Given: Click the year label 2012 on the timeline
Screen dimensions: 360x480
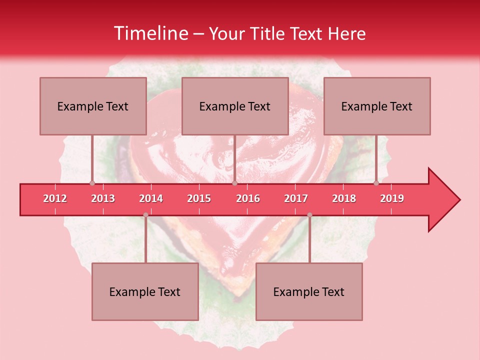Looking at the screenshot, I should click(x=55, y=198).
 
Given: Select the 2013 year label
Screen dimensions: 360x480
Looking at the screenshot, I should click(x=103, y=198).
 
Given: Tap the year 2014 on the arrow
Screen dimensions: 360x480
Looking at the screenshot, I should click(x=151, y=198).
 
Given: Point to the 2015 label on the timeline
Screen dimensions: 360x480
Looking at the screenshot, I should click(x=199, y=198).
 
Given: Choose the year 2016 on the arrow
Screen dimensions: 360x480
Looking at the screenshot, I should click(x=248, y=198).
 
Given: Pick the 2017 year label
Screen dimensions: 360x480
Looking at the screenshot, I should click(x=296, y=198).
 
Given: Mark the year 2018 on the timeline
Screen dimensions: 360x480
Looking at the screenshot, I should click(x=344, y=198).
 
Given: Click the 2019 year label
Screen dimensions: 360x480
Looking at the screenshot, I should click(x=392, y=198).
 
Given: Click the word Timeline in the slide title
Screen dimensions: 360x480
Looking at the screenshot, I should click(x=150, y=33).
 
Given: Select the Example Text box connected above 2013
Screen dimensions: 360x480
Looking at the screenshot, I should click(x=93, y=106).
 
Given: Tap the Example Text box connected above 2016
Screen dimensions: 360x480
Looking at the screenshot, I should click(x=235, y=106).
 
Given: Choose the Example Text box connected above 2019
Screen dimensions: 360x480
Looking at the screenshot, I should click(x=377, y=106).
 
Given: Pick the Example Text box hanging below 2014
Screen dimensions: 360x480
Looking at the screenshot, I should click(x=145, y=291).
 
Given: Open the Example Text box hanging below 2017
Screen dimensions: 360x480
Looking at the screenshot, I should click(x=309, y=291).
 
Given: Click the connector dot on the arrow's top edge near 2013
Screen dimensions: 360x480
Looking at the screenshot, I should click(x=92, y=183).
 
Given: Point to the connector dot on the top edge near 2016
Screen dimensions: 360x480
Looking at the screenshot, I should click(x=234, y=183).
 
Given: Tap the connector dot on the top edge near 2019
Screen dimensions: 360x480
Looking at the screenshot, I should click(x=376, y=183).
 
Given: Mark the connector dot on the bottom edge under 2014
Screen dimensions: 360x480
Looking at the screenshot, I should click(x=145, y=215).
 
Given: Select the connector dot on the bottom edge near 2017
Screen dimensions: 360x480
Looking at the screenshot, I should click(x=309, y=215).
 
